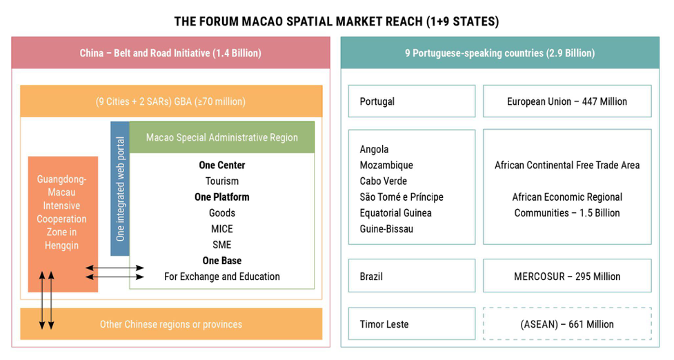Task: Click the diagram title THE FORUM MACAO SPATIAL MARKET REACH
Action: pyautogui.click(x=336, y=21)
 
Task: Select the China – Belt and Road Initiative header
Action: pyautogui.click(x=170, y=53)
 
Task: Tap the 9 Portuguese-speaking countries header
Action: pyautogui.click(x=499, y=53)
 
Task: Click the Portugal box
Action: pyautogui.click(x=412, y=101)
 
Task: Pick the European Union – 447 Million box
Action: pyautogui.click(x=567, y=101)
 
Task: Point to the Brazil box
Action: pyautogui.click(x=412, y=277)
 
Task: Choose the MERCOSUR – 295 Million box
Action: pyautogui.click(x=567, y=277)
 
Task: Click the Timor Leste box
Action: pyautogui.click(x=412, y=324)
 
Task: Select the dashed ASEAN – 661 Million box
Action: pyautogui.click(x=567, y=324)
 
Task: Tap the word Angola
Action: pyautogui.click(x=375, y=150)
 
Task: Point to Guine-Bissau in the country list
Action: pyautogui.click(x=386, y=229)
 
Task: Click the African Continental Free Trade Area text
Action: pyautogui.click(x=567, y=166)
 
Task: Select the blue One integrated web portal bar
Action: pyautogui.click(x=120, y=188)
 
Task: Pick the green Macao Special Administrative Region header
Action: pyautogui.click(x=222, y=137)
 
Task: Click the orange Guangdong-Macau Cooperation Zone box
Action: pyautogui.click(x=63, y=213)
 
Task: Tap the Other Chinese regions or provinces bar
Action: pyautogui.click(x=171, y=324)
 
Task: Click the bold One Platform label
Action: pyautogui.click(x=222, y=197)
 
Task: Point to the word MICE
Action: pyautogui.click(x=222, y=229)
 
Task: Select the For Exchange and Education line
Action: pyautogui.click(x=222, y=277)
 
